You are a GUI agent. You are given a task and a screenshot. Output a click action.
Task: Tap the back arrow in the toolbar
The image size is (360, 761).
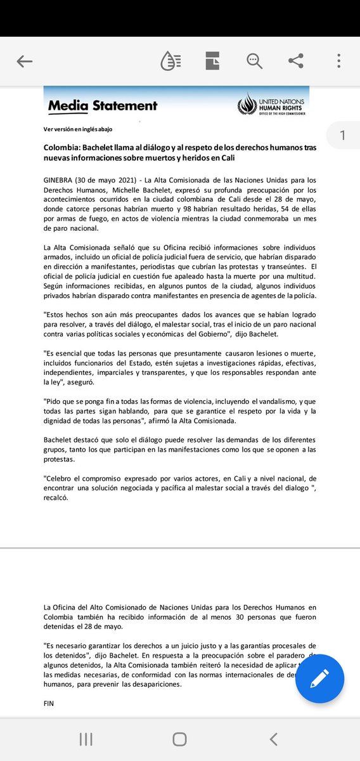[25, 62]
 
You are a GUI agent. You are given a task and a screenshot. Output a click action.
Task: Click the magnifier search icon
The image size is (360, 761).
[254, 62]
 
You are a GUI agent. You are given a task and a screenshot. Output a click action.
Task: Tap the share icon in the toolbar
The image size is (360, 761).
[295, 62]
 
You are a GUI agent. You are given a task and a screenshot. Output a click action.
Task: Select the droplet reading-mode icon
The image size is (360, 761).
[170, 62]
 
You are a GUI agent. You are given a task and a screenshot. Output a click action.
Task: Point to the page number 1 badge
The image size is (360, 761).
[342, 135]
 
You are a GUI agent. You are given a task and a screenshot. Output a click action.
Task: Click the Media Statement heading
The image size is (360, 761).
[103, 106]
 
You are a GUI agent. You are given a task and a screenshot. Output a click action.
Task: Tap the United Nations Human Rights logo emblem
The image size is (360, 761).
[246, 105]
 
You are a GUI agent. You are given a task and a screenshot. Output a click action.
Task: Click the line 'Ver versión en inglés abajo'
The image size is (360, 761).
[78, 129]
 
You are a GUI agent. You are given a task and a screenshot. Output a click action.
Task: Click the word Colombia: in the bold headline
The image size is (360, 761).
[62, 147]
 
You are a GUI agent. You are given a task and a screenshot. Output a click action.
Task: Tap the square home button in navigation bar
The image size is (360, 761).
[179, 739]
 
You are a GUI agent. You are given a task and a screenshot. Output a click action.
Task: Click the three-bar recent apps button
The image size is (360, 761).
[86, 739]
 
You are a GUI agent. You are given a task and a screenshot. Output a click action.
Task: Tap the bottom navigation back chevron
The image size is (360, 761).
[274, 739]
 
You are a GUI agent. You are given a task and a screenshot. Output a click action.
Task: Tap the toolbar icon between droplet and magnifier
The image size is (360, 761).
[212, 62]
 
